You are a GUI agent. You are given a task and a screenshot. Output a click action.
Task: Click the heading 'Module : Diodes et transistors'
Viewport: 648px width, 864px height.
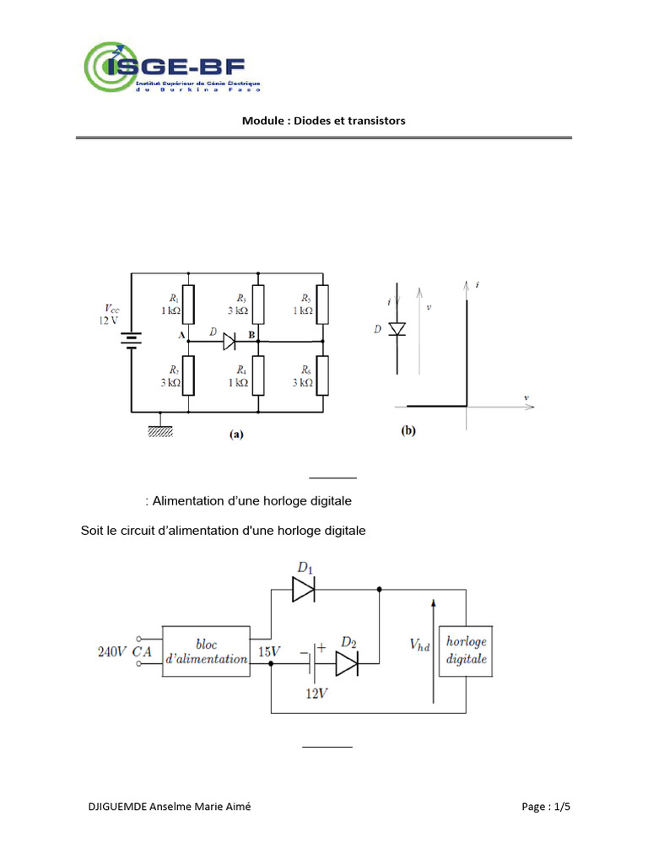point(323,121)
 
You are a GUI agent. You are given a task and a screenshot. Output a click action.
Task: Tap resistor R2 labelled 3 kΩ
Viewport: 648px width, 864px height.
point(188,375)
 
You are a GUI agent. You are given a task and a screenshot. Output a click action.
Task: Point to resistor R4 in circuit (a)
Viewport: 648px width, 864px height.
point(257,375)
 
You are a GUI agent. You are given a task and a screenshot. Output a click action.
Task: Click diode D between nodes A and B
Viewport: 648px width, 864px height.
point(228,341)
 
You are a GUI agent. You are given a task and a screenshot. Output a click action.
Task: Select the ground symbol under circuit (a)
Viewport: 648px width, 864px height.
point(159,430)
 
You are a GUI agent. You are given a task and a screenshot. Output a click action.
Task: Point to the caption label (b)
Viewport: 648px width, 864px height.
point(408,431)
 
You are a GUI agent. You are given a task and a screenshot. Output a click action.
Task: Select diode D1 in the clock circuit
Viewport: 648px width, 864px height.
point(303,591)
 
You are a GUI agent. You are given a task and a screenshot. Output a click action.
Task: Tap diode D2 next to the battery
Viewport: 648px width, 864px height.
point(347,665)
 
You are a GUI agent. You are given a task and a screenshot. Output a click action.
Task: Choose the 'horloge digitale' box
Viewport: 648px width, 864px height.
point(467,651)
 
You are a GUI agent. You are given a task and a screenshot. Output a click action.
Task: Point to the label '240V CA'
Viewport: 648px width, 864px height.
point(123,651)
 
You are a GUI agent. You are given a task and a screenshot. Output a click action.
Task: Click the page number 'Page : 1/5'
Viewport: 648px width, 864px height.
point(546,807)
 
